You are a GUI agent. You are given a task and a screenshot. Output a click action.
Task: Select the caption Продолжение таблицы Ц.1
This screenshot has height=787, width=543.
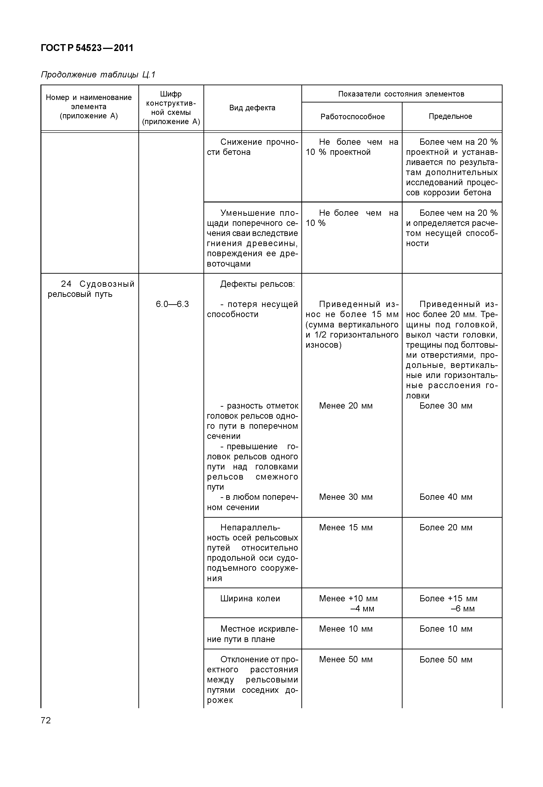pos(98,74)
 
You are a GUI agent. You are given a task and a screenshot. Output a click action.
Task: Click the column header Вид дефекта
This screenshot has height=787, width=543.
pos(252,108)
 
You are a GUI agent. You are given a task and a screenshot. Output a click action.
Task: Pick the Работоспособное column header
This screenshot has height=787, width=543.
pos(352,117)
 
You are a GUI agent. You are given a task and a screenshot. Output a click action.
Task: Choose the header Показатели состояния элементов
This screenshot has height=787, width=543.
pos(401,94)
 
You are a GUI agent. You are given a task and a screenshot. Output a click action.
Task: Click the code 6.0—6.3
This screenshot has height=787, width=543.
pos(172,304)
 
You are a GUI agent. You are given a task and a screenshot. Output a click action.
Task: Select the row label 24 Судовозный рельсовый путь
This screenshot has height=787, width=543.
pos(91,289)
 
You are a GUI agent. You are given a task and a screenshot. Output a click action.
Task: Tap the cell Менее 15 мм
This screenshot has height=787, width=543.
pos(346,528)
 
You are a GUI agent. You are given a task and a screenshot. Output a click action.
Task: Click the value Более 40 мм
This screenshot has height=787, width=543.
pos(446,497)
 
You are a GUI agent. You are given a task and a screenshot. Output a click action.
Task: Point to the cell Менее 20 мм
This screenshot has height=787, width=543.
pos(346,406)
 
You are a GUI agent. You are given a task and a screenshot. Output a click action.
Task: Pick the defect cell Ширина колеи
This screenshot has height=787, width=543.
pos(250,599)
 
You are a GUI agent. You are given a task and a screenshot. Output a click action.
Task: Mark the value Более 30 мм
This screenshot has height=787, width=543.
pos(446,406)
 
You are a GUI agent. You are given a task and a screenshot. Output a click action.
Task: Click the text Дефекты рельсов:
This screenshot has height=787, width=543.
pos(257,284)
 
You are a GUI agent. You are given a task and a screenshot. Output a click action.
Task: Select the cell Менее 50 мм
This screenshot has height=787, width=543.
pos(346,659)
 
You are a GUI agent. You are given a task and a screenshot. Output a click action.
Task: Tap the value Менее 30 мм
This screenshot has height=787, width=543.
pos(346,497)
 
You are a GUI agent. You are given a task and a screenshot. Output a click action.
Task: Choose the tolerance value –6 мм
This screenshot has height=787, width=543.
pos(463,608)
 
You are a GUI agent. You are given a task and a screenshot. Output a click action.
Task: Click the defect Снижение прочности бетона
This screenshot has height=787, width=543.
pos(252,147)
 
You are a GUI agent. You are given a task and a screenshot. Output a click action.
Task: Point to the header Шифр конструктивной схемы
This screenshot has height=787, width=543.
pos(171,108)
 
